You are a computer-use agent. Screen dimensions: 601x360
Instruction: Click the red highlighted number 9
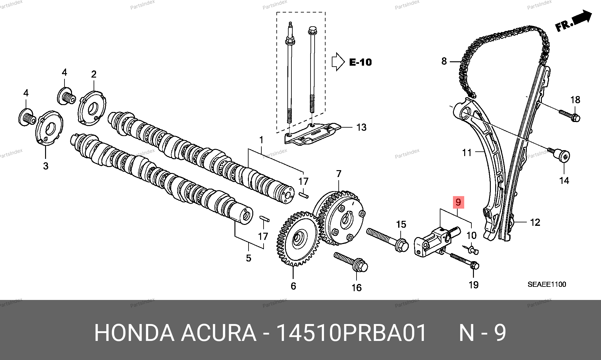[x=458, y=202]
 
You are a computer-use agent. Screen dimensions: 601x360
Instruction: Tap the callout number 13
[x=361, y=127]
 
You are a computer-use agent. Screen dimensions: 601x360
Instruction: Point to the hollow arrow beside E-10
[x=338, y=62]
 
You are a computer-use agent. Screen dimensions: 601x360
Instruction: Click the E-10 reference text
[x=360, y=62]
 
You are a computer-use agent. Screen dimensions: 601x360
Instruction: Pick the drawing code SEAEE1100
[x=547, y=284]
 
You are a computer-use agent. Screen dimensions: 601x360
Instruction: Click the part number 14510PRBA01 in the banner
[x=351, y=333]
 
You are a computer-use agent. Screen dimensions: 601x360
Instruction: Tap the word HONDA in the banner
[x=134, y=333]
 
